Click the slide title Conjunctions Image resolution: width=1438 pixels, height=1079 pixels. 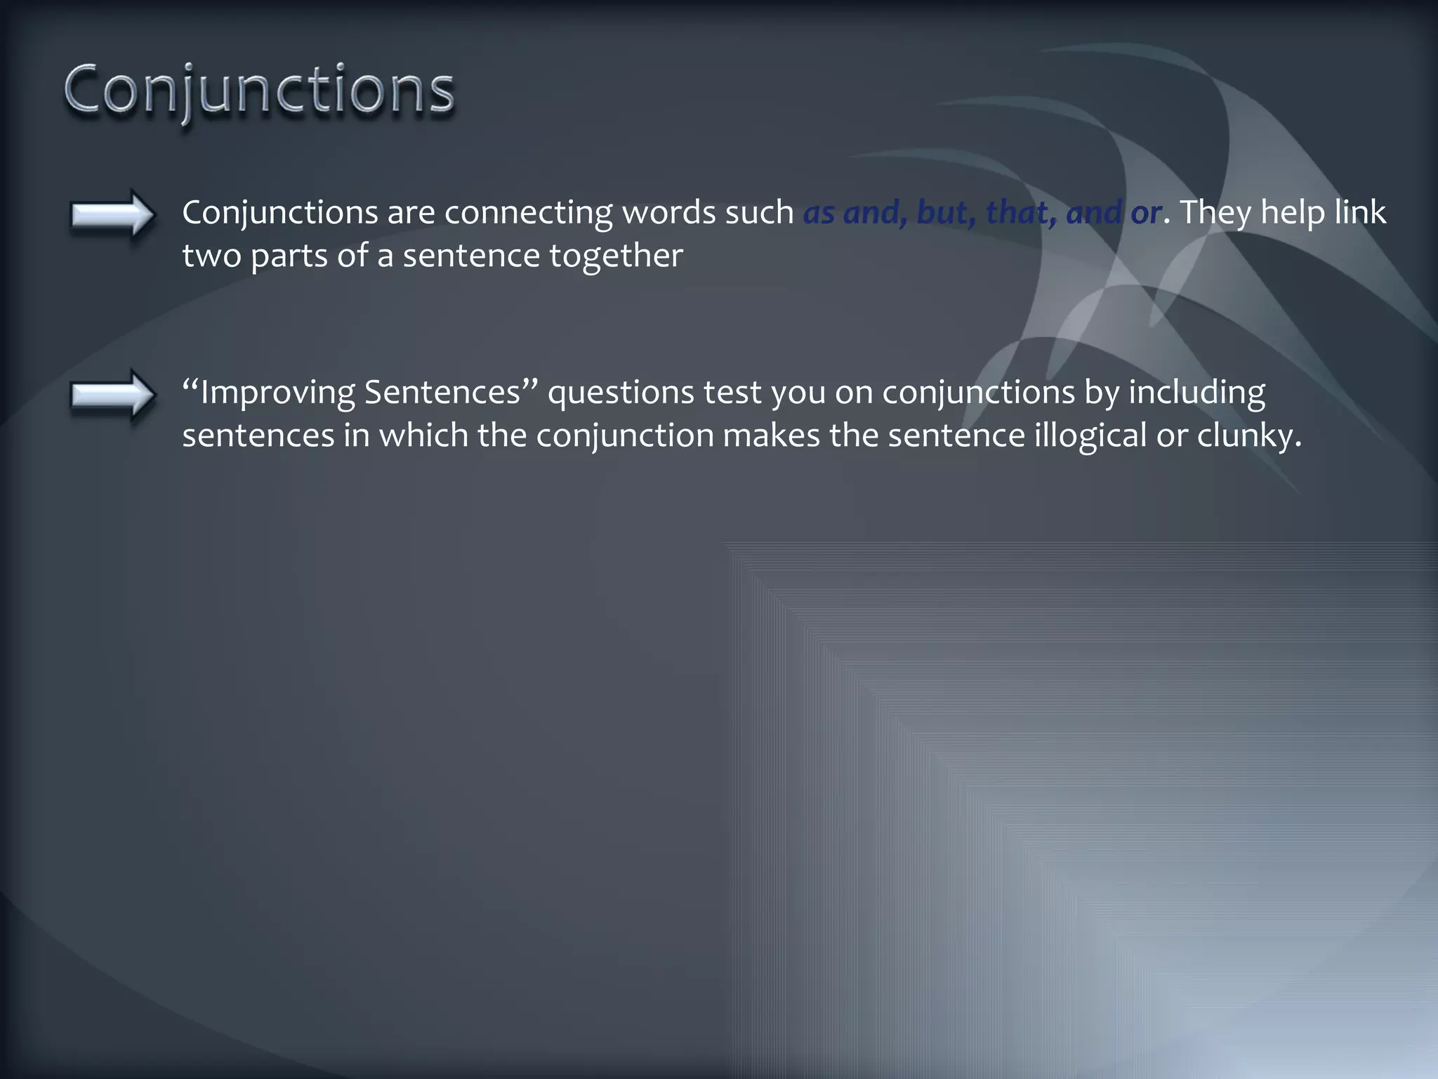tap(259, 91)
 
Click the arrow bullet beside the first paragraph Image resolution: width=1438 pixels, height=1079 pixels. tap(112, 214)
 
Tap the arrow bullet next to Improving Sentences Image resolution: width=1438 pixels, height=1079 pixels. tap(112, 395)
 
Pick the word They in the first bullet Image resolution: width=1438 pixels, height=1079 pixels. tap(1215, 213)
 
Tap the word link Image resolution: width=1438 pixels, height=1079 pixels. tap(1360, 213)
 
